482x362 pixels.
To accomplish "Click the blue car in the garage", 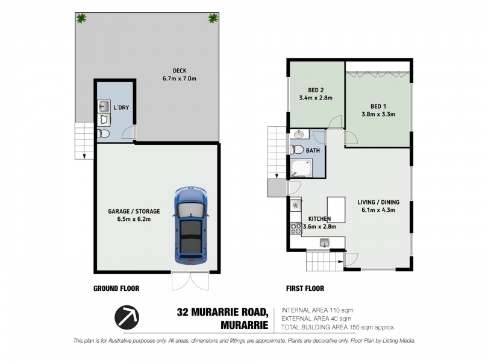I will tap(191, 226).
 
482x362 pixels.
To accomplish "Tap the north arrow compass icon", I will tap(127, 316).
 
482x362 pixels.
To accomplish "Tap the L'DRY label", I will tap(121, 107).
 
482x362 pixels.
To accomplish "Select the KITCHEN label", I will tap(321, 218).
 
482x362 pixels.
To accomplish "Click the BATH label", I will tap(313, 150).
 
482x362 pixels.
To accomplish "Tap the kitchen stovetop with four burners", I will tap(296, 228).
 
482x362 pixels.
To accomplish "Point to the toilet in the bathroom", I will tap(297, 149).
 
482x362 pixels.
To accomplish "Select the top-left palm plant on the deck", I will tap(81, 18).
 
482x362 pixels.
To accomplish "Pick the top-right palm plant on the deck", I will tap(213, 18).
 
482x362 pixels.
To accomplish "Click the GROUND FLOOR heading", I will tap(116, 288).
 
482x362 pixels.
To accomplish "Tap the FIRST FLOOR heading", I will tap(305, 288).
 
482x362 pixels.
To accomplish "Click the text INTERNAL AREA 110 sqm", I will tap(316, 310).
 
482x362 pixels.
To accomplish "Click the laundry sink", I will tap(103, 107).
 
